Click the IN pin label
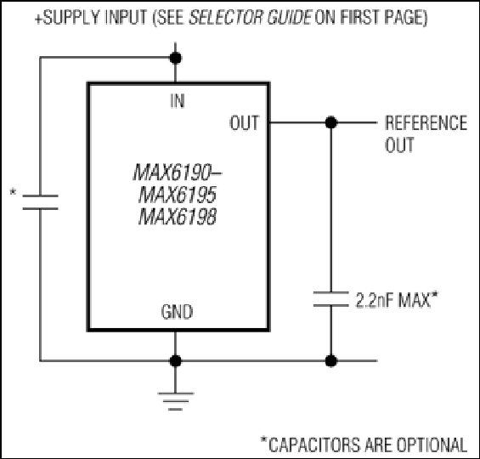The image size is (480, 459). coord(178,101)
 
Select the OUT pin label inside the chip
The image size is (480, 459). coord(245,122)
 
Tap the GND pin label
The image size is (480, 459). coord(177,312)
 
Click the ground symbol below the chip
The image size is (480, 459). coord(175,401)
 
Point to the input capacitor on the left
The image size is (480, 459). coord(40,202)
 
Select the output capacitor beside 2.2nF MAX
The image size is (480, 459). coord(331,299)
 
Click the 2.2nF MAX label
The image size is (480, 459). coord(397,299)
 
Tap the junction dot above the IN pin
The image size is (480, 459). coord(175,58)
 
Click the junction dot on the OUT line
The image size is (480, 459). coord(331,122)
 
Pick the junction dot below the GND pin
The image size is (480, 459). coord(175,361)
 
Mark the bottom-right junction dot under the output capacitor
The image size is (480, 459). coord(331,361)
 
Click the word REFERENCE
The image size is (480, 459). coord(426,122)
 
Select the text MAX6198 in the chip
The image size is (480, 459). coord(178,217)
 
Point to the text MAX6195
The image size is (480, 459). coord(178,195)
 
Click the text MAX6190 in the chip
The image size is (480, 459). coord(173,173)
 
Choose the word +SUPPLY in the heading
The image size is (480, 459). coord(67,17)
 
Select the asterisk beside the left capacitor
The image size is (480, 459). coord(13,192)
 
